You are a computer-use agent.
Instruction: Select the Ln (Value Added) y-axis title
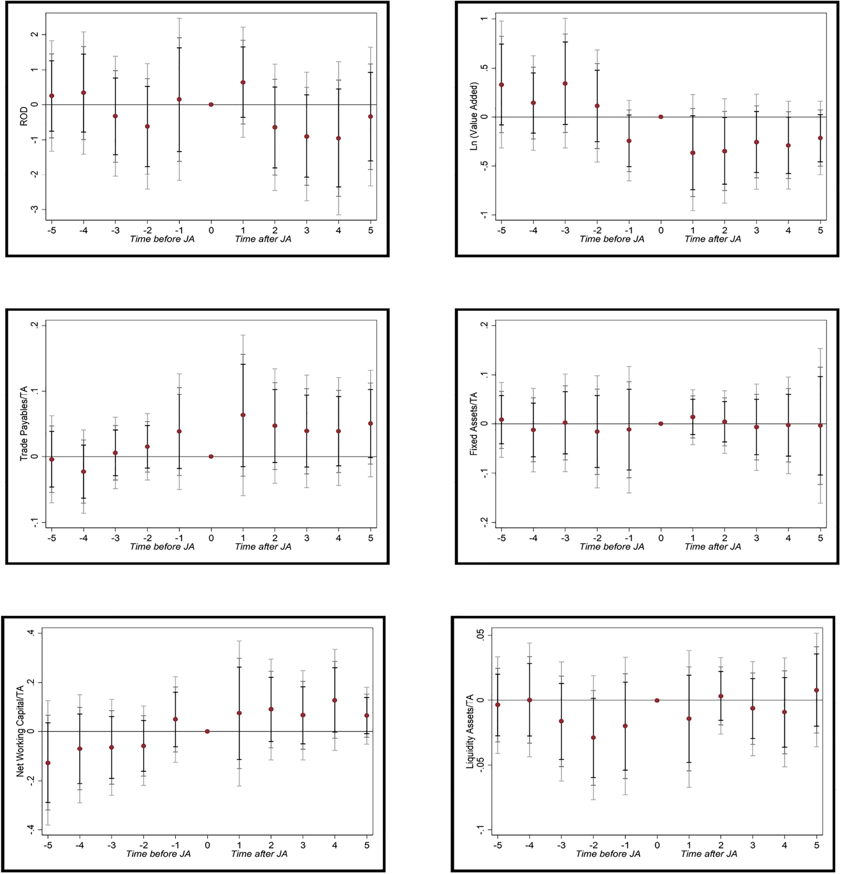tap(473, 116)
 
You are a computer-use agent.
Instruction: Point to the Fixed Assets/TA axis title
tap(473, 424)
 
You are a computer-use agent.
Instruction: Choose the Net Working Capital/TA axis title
tap(20, 731)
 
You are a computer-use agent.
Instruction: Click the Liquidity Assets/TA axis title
tap(470, 731)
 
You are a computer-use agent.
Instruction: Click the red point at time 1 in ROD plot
tap(243, 82)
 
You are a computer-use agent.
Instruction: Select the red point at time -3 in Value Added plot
tap(565, 83)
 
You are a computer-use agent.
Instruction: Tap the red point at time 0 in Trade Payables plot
tap(211, 456)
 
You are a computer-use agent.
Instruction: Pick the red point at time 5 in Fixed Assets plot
tap(820, 426)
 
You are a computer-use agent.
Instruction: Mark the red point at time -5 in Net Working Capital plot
tap(48, 763)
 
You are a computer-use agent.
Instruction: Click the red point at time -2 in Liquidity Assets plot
tap(593, 738)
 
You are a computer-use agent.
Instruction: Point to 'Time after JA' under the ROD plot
tap(263, 239)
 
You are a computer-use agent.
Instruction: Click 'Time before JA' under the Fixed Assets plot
tap(612, 547)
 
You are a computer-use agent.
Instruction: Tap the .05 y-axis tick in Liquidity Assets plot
tap(481, 635)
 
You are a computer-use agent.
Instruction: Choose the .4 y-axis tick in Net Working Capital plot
tap(30, 633)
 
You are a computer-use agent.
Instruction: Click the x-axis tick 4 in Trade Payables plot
tap(338, 538)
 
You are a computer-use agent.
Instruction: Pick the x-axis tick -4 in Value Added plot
tap(533, 230)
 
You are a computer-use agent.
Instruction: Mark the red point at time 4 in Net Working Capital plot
tap(334, 700)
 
